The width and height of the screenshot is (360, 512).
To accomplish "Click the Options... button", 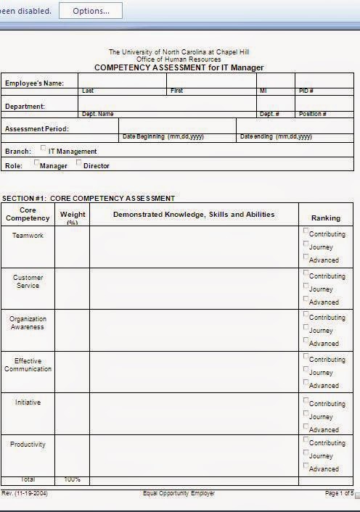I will click(91, 11).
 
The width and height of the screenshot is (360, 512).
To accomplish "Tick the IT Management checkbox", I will click(44, 149).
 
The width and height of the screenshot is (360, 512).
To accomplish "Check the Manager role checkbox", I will click(37, 163).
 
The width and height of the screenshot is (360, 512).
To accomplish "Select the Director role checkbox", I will click(79, 163).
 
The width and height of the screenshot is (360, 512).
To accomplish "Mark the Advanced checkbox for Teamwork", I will click(306, 257).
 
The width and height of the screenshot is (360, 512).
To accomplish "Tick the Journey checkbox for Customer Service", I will click(306, 286).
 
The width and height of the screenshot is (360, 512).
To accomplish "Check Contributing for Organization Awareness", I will click(306, 315).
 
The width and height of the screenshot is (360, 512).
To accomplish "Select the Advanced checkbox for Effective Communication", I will click(306, 383).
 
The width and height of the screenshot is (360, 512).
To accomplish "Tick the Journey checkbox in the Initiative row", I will click(306, 415).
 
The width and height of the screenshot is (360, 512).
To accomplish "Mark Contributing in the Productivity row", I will click(306, 439).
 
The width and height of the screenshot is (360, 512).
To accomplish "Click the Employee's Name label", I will click(34, 83).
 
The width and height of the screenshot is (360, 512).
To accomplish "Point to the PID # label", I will click(306, 91).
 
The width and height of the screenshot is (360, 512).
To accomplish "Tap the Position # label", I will click(312, 114).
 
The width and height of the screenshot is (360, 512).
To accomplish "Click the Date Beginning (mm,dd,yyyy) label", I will click(163, 136).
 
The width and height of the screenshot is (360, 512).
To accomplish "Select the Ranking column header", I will click(325, 218).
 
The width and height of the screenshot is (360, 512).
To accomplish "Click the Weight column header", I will click(73, 215).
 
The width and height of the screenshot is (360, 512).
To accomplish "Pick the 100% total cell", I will click(72, 480).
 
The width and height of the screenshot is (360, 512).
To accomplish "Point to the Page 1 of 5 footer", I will click(339, 493).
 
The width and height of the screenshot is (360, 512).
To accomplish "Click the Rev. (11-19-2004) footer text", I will click(25, 493).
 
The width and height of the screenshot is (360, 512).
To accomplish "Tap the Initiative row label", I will click(28, 402).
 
